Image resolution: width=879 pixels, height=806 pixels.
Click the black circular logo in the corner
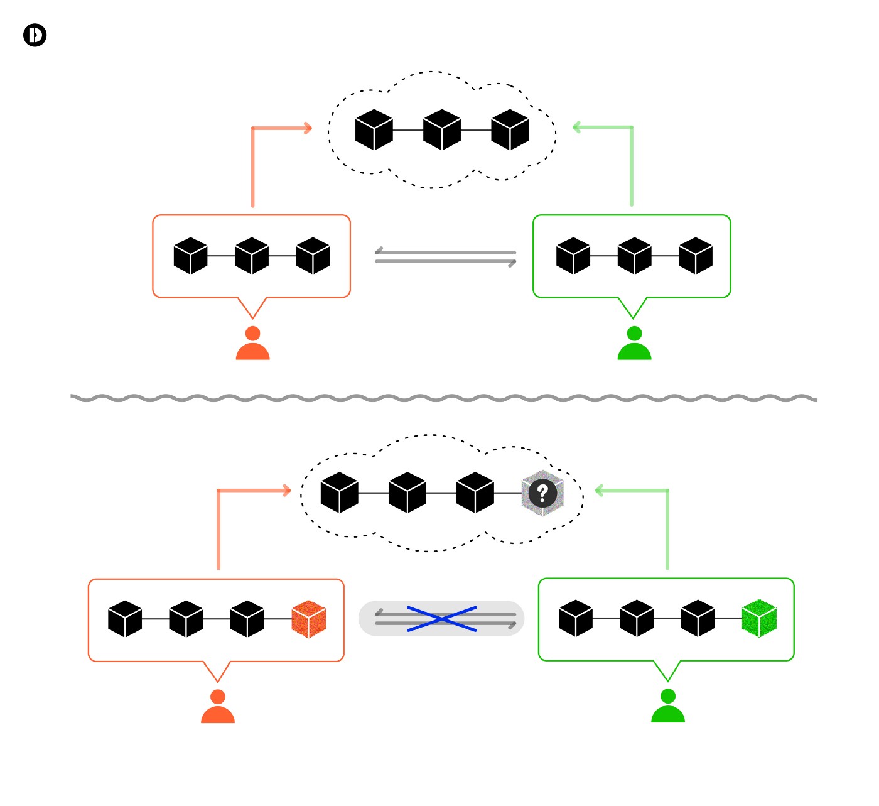click(35, 35)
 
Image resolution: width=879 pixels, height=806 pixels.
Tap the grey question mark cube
click(542, 493)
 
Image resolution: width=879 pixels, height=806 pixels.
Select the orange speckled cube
click(309, 619)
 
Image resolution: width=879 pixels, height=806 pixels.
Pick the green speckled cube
click(759, 618)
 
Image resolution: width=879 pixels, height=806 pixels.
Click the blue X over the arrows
click(442, 619)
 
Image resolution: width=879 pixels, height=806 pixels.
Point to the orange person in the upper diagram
click(252, 344)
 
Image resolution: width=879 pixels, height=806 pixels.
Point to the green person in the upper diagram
click(634, 344)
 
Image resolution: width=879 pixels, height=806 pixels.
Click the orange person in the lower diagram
click(217, 707)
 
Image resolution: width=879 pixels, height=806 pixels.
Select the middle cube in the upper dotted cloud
click(442, 130)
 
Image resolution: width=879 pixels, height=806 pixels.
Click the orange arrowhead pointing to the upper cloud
click(307, 128)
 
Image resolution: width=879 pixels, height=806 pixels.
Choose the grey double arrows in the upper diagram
click(445, 257)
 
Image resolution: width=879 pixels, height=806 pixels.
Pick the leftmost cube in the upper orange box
click(190, 256)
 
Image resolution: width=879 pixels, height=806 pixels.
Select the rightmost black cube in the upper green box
click(696, 256)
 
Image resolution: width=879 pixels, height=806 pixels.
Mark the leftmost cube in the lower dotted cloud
click(339, 493)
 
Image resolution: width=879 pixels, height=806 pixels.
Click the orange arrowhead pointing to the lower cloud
click(286, 491)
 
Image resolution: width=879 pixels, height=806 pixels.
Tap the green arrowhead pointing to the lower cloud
click(599, 491)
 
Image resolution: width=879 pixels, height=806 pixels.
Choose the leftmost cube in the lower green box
click(575, 618)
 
